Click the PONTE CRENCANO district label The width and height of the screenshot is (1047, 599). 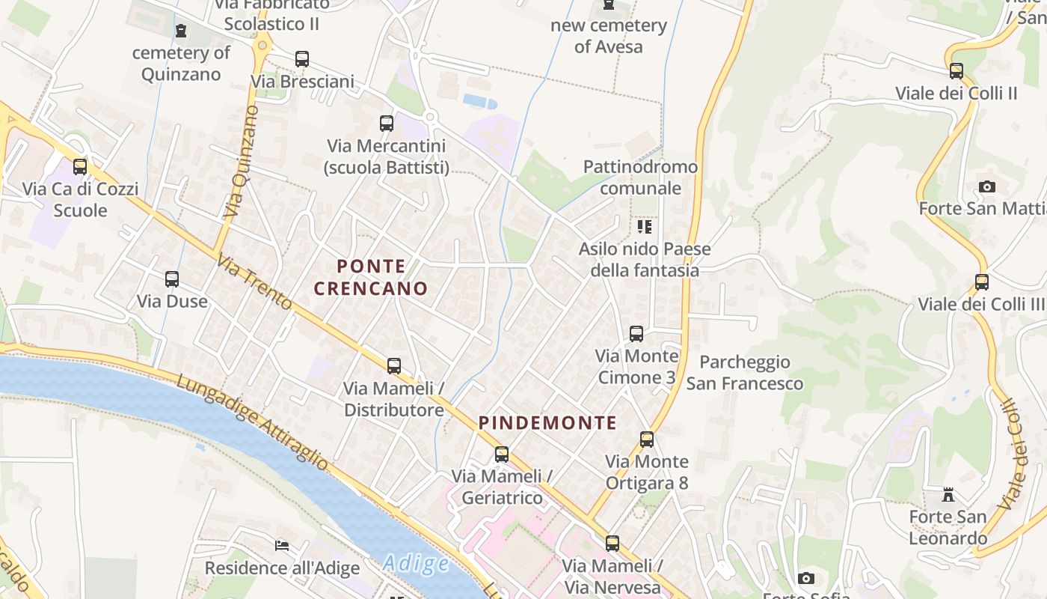point(371,277)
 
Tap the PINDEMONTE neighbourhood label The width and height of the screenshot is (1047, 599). point(547,423)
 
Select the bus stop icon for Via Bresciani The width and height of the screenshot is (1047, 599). point(302,59)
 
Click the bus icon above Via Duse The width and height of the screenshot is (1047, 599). point(172,279)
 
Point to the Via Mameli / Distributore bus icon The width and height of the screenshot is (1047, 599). point(394,366)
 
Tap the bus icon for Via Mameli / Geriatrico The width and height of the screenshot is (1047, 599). point(502,454)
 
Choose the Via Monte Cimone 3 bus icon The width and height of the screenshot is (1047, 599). point(636,334)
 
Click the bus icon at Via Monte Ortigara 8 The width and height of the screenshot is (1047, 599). point(647,440)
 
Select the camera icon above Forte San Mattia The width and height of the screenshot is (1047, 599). point(987,186)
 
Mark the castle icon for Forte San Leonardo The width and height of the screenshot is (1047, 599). point(948,495)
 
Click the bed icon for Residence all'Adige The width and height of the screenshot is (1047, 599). point(282,545)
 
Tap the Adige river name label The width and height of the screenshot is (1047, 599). point(416,563)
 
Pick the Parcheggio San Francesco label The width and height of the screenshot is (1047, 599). point(745,373)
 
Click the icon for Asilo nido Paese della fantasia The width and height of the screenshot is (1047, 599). point(645,227)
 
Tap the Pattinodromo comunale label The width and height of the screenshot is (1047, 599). point(640,177)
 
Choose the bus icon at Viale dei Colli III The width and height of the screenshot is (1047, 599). point(982,282)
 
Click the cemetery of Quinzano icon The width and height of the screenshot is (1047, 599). point(181,31)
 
